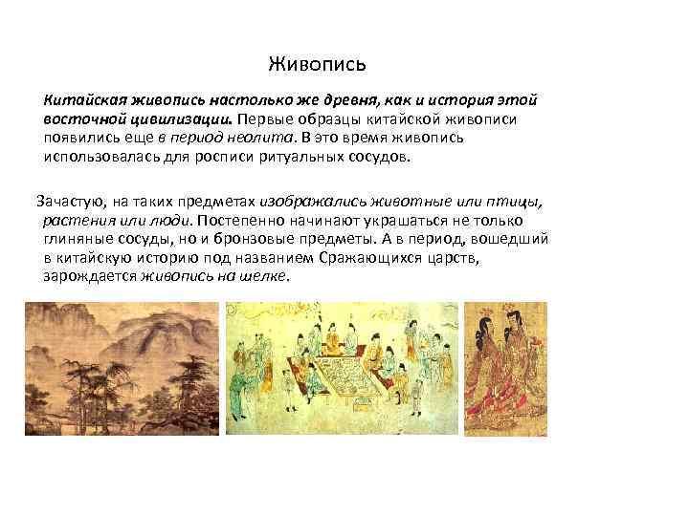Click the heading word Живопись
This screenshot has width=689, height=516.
[x=317, y=66]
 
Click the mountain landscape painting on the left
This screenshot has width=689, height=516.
[x=122, y=369]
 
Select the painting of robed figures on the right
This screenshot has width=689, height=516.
[x=504, y=369]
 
